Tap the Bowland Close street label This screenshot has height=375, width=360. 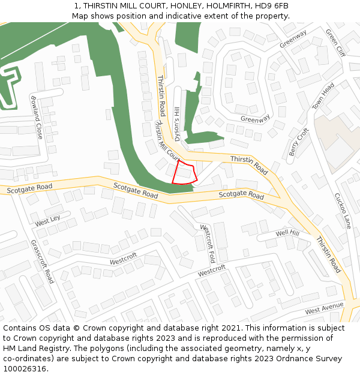pyautogui.click(x=37, y=116)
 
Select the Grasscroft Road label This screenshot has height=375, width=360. pyautogui.click(x=42, y=261)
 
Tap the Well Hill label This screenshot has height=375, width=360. pyautogui.click(x=287, y=233)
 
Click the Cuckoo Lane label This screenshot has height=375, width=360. pyautogui.click(x=342, y=210)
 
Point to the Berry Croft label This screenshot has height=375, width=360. pyautogui.click(x=298, y=142)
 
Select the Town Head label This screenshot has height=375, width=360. pyautogui.click(x=323, y=96)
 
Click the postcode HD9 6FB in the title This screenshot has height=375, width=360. pyautogui.click(x=274, y=5)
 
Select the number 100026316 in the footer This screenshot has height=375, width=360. pyautogui.click(x=25, y=369)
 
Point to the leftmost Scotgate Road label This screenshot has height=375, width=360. pyautogui.click(x=29, y=188)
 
